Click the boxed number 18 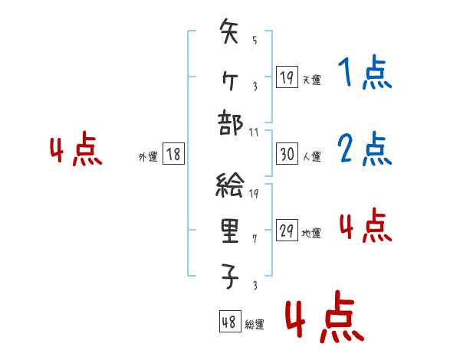[172, 155]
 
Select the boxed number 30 [287, 155]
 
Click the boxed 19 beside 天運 [287, 77]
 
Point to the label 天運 [311, 80]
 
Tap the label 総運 [255, 324]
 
